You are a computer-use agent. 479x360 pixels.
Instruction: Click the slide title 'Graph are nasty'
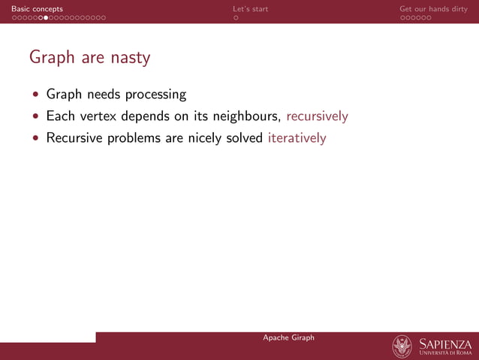89,58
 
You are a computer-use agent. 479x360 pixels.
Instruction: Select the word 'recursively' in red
317,116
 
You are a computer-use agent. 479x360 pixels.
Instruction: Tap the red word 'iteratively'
297,138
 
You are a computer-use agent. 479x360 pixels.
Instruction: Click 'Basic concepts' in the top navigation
37,9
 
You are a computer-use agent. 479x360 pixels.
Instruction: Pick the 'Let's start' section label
250,9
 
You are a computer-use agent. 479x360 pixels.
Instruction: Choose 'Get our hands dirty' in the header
433,9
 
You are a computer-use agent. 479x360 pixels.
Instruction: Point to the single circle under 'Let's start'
236,17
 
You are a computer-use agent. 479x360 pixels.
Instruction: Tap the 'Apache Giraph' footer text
288,337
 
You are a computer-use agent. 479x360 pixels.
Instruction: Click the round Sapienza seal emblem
402,346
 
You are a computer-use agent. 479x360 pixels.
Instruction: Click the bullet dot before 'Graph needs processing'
35,95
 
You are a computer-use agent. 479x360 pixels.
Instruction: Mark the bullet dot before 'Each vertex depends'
35,117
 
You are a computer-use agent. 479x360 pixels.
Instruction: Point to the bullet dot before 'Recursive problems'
35,139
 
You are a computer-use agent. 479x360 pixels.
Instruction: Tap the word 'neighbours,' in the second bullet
247,116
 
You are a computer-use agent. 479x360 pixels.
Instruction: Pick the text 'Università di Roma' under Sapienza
446,353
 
